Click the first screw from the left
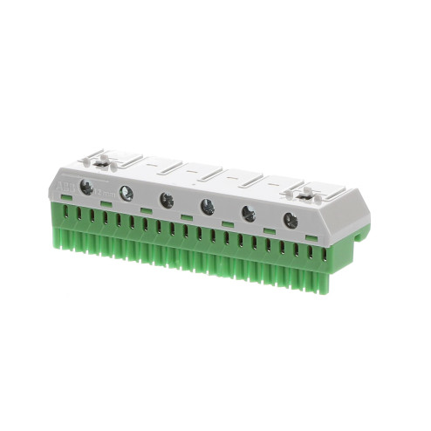pos(86,187)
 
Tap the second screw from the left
pos(127,194)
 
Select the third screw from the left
pos(167,200)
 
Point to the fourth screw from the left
pos(208,207)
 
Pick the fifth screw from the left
pos(249,213)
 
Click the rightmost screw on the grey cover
pos(291,221)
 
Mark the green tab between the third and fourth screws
pos(187,217)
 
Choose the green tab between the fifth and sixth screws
pos(270,230)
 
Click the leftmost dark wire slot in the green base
pos(68,212)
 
